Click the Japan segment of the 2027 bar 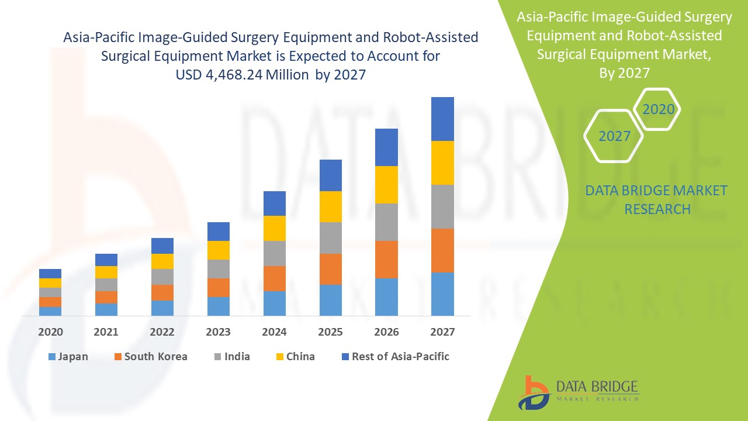coord(442,294)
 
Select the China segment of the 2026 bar coord(386,185)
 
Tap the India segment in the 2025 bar coord(330,238)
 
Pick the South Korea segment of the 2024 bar coord(274,278)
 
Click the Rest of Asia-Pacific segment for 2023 coord(218,232)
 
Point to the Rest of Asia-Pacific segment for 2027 coord(442,119)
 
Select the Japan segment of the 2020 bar coord(50,311)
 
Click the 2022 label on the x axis coord(162,332)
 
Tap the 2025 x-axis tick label coord(330,332)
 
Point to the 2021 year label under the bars coord(106,332)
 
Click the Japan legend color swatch coord(53,357)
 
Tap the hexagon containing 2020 coord(658,109)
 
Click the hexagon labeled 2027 coord(614,136)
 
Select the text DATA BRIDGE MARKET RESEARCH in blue coord(657,199)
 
